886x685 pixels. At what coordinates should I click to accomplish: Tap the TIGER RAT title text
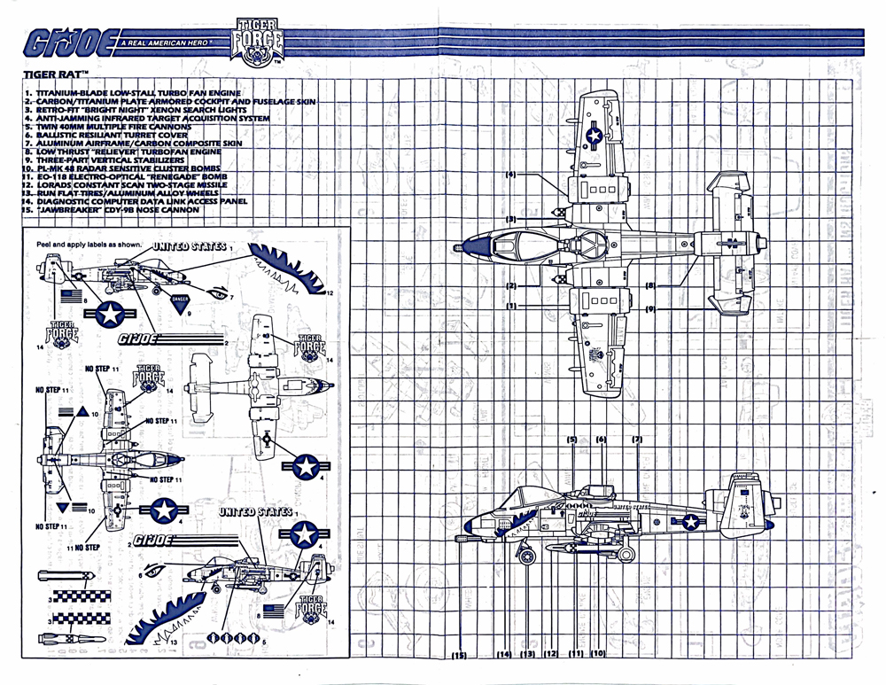[x=43, y=77]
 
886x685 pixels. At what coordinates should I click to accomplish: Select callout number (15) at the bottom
[x=458, y=656]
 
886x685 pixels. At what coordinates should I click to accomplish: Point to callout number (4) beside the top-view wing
[x=511, y=175]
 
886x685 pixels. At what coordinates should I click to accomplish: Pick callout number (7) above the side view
[x=636, y=440]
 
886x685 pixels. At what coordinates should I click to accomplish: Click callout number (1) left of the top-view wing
[x=511, y=306]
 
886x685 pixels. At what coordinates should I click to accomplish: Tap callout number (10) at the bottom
[x=598, y=654]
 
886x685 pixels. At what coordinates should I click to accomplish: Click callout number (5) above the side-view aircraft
[x=572, y=440]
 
